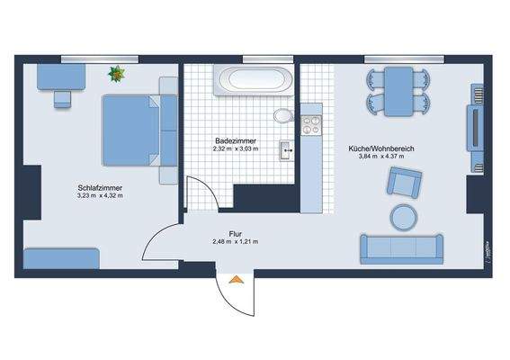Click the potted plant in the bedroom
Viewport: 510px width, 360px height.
click(x=117, y=74)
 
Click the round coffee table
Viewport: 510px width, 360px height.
click(x=403, y=216)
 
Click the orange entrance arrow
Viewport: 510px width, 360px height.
click(x=236, y=280)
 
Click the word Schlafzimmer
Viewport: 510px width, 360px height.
click(x=100, y=187)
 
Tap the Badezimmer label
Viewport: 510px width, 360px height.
click(x=236, y=140)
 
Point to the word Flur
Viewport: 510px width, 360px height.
click(x=235, y=234)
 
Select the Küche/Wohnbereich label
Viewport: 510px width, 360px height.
click(x=381, y=147)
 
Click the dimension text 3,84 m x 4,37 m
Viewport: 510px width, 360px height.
click(x=381, y=156)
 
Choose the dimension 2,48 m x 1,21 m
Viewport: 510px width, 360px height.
click(x=235, y=242)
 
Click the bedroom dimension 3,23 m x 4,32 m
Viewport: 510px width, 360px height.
click(x=100, y=195)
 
